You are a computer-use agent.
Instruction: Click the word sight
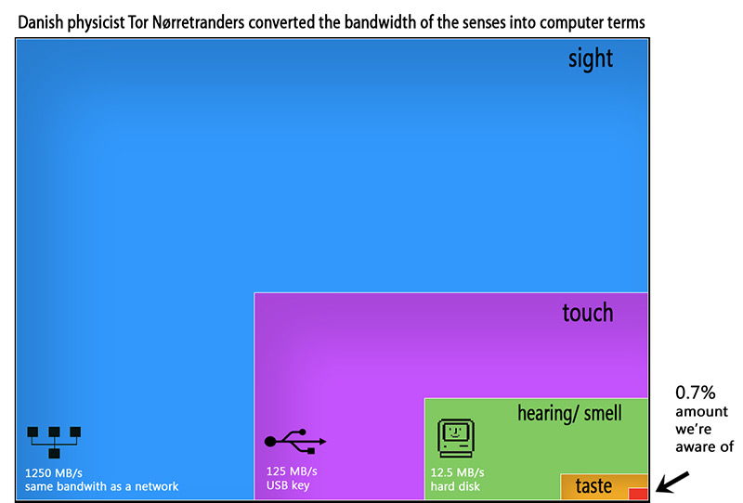(591, 58)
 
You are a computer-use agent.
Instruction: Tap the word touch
(588, 313)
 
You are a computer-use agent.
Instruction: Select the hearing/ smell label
(569, 413)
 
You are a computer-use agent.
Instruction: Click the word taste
(593, 486)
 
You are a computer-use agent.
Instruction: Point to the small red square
(638, 493)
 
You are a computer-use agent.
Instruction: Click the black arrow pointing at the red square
(672, 483)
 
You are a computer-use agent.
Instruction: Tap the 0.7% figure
(695, 393)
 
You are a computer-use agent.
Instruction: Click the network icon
(54, 442)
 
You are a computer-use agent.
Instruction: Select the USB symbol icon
(295, 442)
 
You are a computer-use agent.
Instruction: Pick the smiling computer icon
(455, 438)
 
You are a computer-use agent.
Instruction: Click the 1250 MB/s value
(54, 473)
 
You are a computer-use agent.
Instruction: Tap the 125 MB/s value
(292, 471)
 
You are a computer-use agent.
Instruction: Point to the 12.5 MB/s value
(457, 472)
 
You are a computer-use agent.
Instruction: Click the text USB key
(288, 485)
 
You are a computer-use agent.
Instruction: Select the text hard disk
(455, 486)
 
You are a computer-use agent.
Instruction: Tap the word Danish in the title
(40, 22)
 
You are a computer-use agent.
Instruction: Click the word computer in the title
(570, 23)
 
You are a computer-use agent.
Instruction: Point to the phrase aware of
(704, 446)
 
